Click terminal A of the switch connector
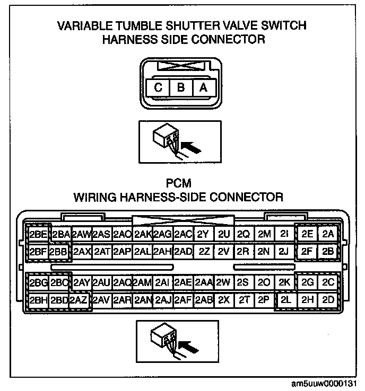pyautogui.click(x=203, y=88)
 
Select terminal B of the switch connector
pyautogui.click(x=181, y=88)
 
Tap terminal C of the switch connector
pyautogui.click(x=158, y=88)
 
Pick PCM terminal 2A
pyautogui.click(x=328, y=234)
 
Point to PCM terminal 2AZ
pyautogui.click(x=78, y=300)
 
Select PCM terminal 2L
pyautogui.click(x=286, y=300)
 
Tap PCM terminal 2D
pyautogui.click(x=328, y=300)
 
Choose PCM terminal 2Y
pyautogui.click(x=202, y=234)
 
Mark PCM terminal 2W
pyautogui.click(x=223, y=283)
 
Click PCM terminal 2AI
pyautogui.click(x=162, y=283)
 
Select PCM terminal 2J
pyautogui.click(x=284, y=251)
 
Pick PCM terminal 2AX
pyautogui.click(x=82, y=251)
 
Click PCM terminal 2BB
pyautogui.click(x=58, y=251)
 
